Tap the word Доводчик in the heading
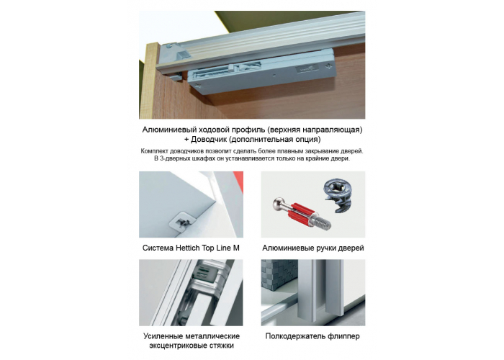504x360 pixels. (210, 139)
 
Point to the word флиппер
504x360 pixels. (342, 336)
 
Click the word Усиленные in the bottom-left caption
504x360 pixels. (164, 336)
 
